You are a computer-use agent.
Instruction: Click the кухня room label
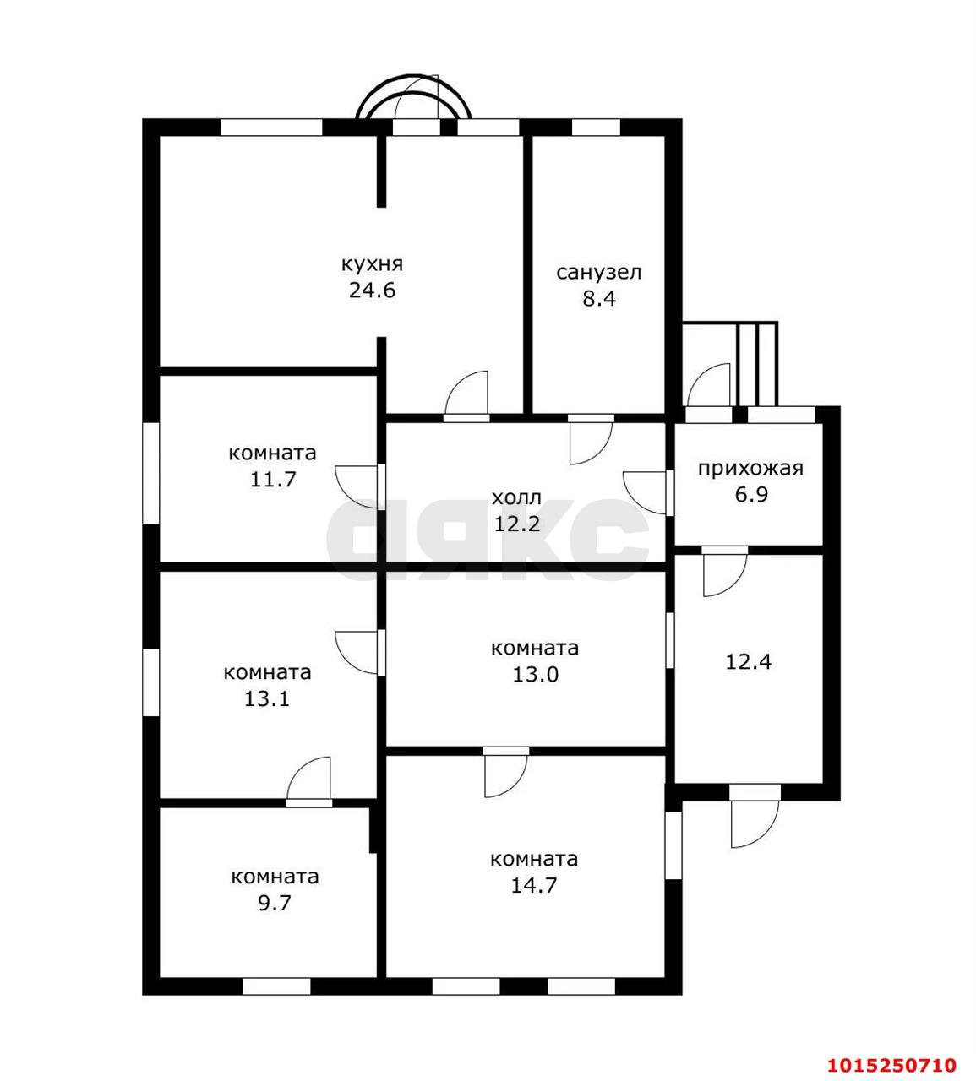[x=372, y=265]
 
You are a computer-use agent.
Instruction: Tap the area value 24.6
[x=372, y=291]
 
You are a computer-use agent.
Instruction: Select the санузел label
[x=599, y=273]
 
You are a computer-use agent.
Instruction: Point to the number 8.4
[x=599, y=298]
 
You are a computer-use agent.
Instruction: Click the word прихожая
[x=750, y=469]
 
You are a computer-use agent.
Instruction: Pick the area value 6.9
[x=751, y=494]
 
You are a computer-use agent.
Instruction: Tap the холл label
[x=516, y=498]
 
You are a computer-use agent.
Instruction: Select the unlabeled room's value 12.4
[x=749, y=661]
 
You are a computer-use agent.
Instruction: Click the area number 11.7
[x=273, y=479]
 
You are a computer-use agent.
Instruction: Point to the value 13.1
[x=268, y=699]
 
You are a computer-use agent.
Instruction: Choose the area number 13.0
[x=535, y=674]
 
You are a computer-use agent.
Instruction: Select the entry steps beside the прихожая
[x=757, y=364]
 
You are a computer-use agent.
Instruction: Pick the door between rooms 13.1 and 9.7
[x=309, y=782]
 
